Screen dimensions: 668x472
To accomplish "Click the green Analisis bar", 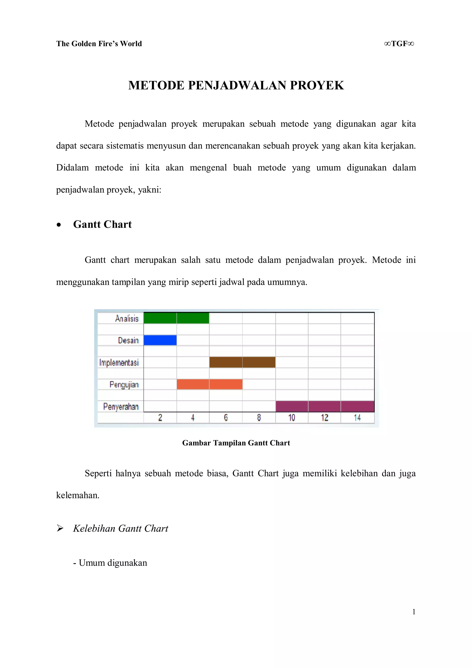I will point(176,318).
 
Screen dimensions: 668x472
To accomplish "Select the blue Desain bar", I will point(160,340).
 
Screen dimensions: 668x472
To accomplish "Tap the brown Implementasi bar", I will point(242,362).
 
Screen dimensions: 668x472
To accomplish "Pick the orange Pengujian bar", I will point(209,384).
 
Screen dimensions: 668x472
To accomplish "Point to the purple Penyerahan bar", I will point(325,406).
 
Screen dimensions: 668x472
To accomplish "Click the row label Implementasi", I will point(119,363).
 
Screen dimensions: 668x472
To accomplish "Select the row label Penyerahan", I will point(121,406).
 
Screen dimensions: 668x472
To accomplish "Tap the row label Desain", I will point(128,340).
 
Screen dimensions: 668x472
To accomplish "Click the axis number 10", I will point(292,418).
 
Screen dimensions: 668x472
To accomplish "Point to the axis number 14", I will point(357,418).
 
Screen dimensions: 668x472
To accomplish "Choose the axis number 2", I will point(160,418).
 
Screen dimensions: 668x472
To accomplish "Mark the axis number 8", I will point(259,418).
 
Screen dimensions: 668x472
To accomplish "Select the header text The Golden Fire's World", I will point(99,44).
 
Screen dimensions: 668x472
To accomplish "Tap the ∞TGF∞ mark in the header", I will point(399,44).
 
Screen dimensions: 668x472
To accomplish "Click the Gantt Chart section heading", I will point(102,225).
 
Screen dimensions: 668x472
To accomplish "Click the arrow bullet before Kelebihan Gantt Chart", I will point(60,528).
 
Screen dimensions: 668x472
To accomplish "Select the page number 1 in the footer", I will point(413,612).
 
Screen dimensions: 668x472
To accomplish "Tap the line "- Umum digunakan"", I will point(110,563).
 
